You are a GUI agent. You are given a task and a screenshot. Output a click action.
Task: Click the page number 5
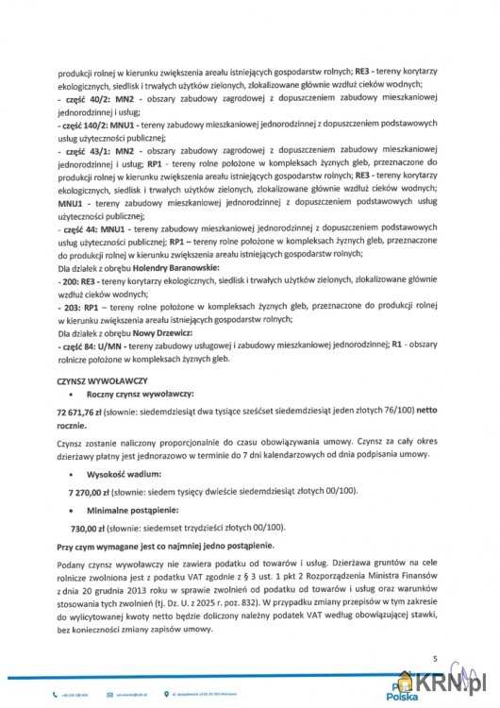click(x=434, y=658)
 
